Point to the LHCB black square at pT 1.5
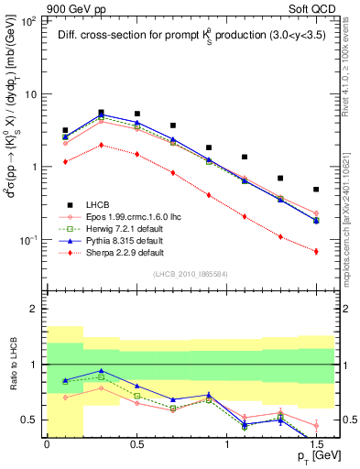click(x=316, y=190)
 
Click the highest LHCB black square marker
click(x=101, y=113)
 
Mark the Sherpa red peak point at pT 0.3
click(x=101, y=145)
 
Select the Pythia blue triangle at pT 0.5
click(x=136, y=122)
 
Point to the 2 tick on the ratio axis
click(x=35, y=310)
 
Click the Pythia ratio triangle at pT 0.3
click(x=101, y=371)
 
